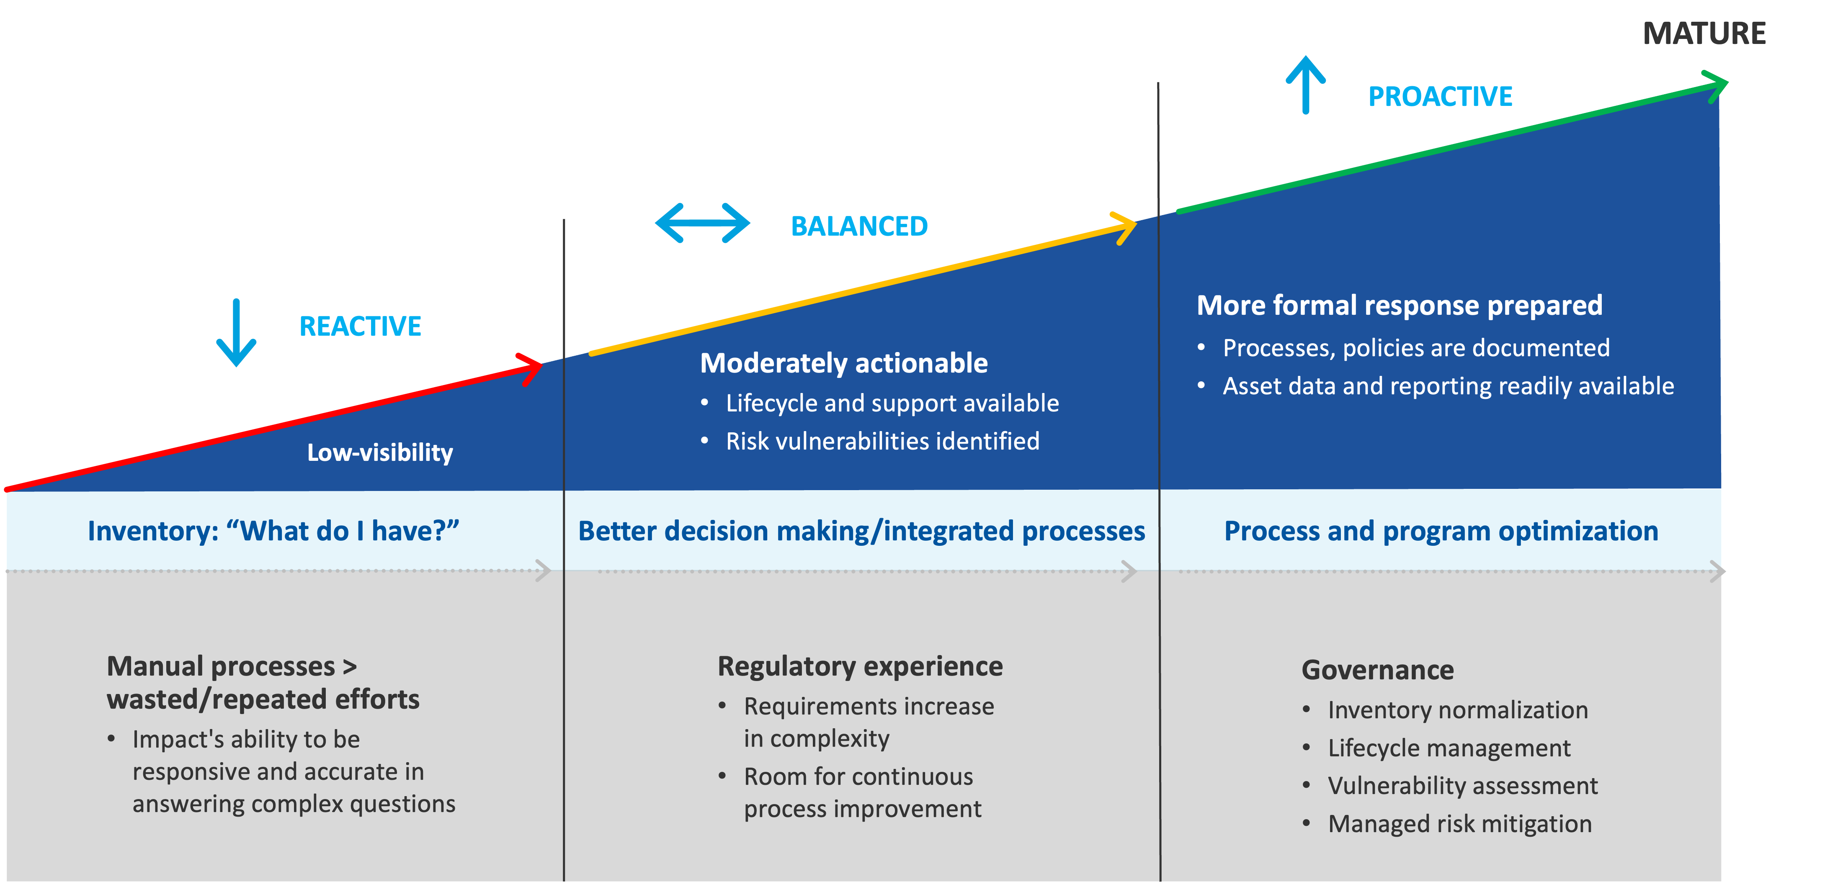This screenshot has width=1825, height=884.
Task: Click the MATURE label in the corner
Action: point(1704,33)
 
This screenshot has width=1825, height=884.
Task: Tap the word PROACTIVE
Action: point(1440,96)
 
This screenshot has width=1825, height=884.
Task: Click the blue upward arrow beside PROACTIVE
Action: point(1306,85)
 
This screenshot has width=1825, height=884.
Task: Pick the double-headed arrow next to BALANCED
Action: point(702,223)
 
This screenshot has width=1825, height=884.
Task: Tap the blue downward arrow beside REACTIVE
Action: point(236,332)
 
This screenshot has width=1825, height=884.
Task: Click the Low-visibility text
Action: point(380,452)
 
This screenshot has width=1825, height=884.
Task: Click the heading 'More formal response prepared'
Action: point(1399,305)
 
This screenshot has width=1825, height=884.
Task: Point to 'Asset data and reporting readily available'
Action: point(1448,386)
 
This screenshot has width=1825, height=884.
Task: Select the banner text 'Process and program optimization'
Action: point(1441,531)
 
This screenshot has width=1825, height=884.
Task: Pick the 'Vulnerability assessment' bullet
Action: point(1462,786)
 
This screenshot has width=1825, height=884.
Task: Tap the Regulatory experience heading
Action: point(860,666)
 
